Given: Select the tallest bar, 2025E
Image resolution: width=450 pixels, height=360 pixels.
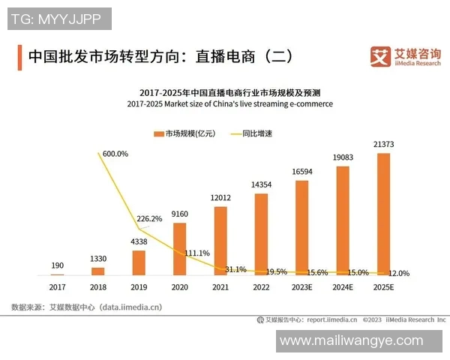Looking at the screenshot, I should point(383,214).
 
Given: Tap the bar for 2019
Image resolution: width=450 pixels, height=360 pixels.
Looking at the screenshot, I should point(139,262).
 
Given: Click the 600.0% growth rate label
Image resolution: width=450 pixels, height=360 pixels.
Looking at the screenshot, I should point(115,154).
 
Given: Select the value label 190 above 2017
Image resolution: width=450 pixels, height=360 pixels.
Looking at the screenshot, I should point(58,265).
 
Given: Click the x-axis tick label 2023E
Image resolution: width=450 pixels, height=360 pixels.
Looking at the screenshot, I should point(302,286).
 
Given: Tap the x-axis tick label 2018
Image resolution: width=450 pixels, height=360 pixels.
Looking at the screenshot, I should point(98,286).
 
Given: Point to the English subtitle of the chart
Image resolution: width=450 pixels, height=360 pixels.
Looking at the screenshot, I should point(229,104).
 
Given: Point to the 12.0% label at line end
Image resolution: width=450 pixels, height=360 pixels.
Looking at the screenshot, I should point(399,274).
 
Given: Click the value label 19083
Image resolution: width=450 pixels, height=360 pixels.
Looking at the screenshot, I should point(343,157).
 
